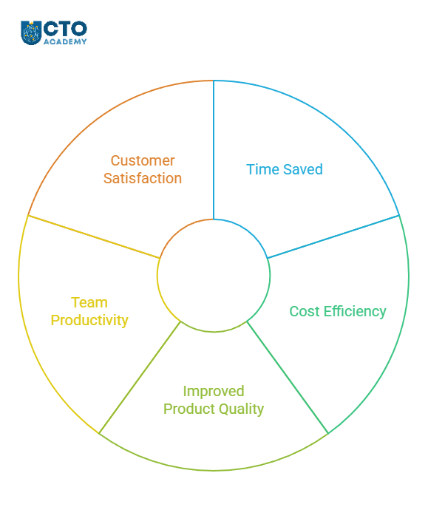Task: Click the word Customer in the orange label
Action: click(143, 160)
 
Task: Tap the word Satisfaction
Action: click(143, 178)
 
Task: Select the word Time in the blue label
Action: click(262, 169)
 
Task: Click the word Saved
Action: click(302, 169)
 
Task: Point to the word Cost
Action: click(305, 311)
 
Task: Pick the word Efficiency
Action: click(356, 312)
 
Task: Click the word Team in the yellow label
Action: click(89, 303)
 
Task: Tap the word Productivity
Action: click(89, 321)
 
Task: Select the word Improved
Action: click(214, 392)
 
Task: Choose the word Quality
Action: click(239, 409)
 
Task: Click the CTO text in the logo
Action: click(65, 29)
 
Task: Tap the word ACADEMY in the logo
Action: click(65, 41)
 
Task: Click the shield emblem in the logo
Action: click(31, 33)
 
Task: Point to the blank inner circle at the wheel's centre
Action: click(214, 276)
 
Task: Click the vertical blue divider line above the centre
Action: click(214, 150)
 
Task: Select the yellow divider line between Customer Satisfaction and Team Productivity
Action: click(94, 237)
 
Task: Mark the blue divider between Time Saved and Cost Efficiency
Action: click(333, 237)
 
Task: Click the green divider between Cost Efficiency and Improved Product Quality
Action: click(288, 378)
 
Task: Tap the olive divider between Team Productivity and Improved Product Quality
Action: click(140, 378)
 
